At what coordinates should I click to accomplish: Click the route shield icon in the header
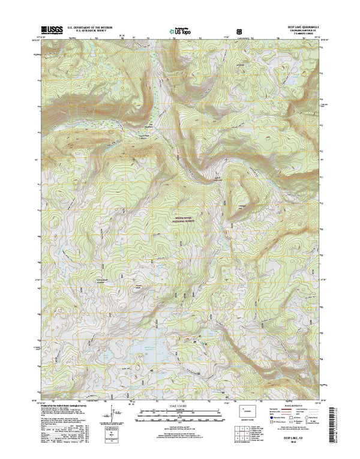click(239, 29)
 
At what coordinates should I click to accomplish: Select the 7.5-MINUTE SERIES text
click(307, 35)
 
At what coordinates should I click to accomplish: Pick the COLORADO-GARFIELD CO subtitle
click(307, 31)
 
